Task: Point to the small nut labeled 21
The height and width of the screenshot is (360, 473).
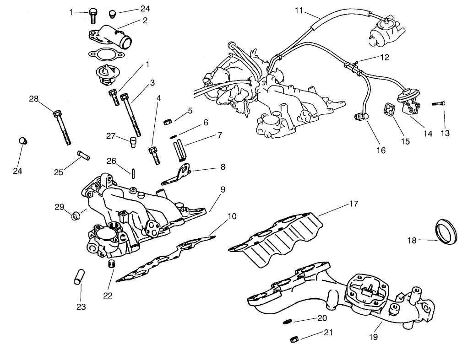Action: coord(295,339)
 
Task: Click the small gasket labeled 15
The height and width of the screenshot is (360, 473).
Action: coord(390,109)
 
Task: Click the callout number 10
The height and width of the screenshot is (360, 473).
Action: coord(232,216)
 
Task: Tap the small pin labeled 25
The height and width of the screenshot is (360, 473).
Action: coord(82,155)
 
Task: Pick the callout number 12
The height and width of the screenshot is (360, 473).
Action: coord(384,58)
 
